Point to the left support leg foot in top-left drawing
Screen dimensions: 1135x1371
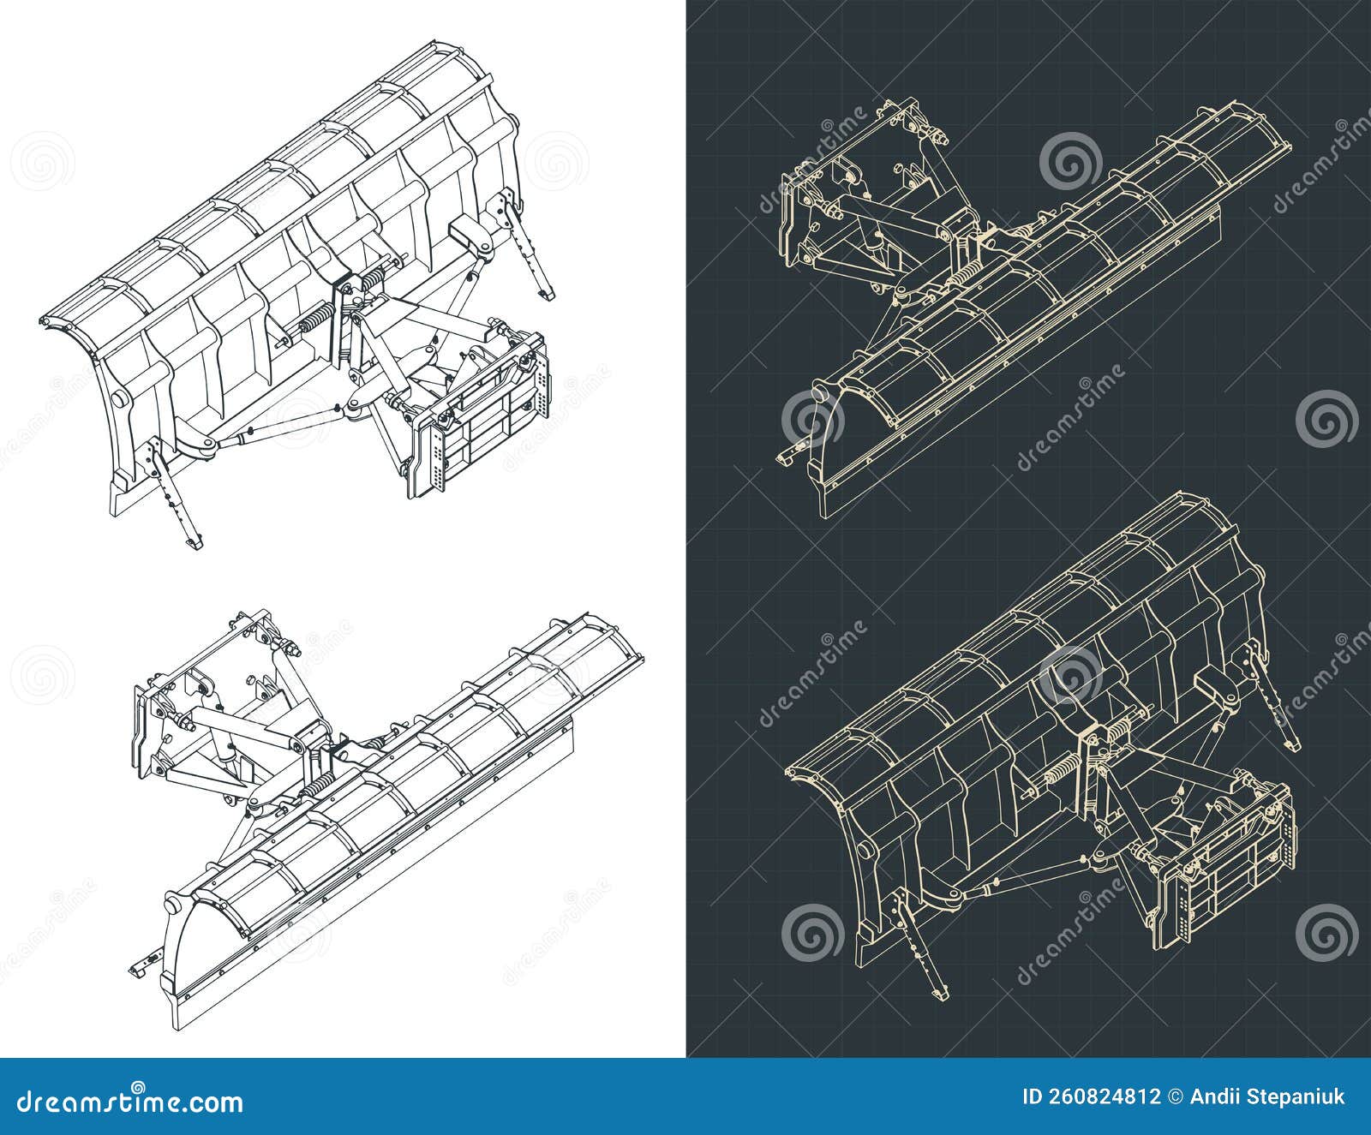point(194,542)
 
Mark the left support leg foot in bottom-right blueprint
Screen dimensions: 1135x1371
point(939,992)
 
